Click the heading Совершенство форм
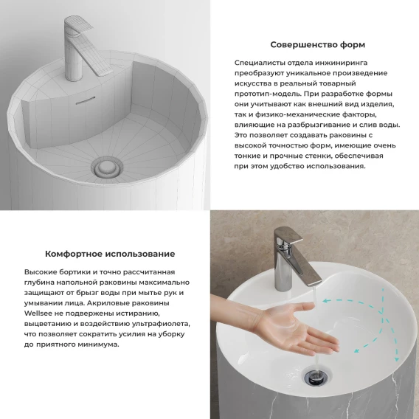[x=317, y=44]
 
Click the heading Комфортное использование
[x=110, y=254]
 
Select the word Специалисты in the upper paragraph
[x=259, y=63]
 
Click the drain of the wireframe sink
[x=107, y=168]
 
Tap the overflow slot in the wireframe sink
[x=86, y=100]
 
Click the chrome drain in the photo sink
[x=317, y=375]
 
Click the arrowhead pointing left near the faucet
[x=325, y=301]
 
